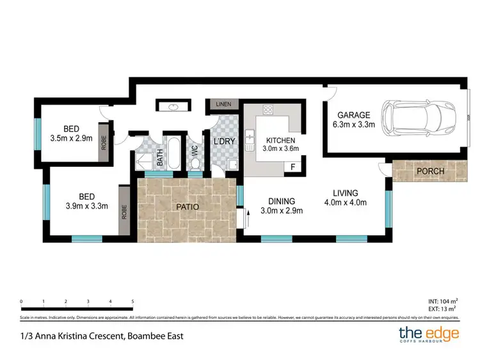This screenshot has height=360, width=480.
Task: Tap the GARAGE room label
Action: (x=350, y=116)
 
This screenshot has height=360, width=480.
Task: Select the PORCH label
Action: (x=430, y=171)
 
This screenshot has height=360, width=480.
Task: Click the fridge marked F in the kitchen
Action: (x=293, y=167)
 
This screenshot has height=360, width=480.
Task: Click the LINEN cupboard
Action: (x=222, y=104)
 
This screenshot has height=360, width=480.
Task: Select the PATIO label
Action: (x=187, y=207)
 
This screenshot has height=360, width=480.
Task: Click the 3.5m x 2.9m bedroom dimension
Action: (x=71, y=137)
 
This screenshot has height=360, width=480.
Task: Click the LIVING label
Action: (x=345, y=192)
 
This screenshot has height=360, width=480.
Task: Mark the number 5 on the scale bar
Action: (x=132, y=301)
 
